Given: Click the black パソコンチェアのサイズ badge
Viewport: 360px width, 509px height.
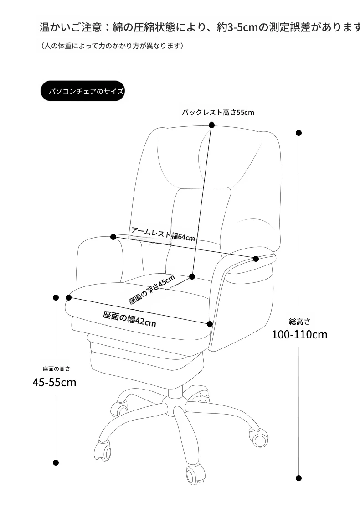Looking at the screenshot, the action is point(82,91).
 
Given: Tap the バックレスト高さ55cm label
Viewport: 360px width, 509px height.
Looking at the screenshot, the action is point(218,113).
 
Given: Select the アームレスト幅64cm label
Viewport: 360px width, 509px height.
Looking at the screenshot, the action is point(163,234).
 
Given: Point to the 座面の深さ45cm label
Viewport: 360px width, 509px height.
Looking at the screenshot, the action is point(152,290).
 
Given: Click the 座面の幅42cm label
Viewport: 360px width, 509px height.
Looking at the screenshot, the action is point(129,319).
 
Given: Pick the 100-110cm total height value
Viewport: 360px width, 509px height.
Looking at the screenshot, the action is point(299,334).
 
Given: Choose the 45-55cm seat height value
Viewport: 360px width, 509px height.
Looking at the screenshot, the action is point(54,382).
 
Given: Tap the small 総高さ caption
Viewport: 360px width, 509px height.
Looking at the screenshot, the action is point(300,322).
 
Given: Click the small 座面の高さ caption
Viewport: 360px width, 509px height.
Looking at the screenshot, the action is point(56,369).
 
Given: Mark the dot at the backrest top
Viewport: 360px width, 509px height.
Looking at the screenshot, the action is point(212,125).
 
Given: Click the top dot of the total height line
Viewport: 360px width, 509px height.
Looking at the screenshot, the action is point(298,133).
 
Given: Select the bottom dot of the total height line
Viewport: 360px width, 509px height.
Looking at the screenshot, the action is point(298,478).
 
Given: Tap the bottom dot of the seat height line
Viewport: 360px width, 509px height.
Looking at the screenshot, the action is point(56,462).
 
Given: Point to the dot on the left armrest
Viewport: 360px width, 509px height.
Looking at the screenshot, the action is point(113,237).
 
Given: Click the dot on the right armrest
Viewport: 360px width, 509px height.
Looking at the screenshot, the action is point(256,259).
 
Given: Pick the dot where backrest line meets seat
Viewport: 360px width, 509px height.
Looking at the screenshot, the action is point(192,276).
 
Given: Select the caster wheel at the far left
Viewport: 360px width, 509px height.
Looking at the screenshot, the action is point(103,450).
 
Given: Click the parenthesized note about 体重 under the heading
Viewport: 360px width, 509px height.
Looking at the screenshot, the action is point(112,46).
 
